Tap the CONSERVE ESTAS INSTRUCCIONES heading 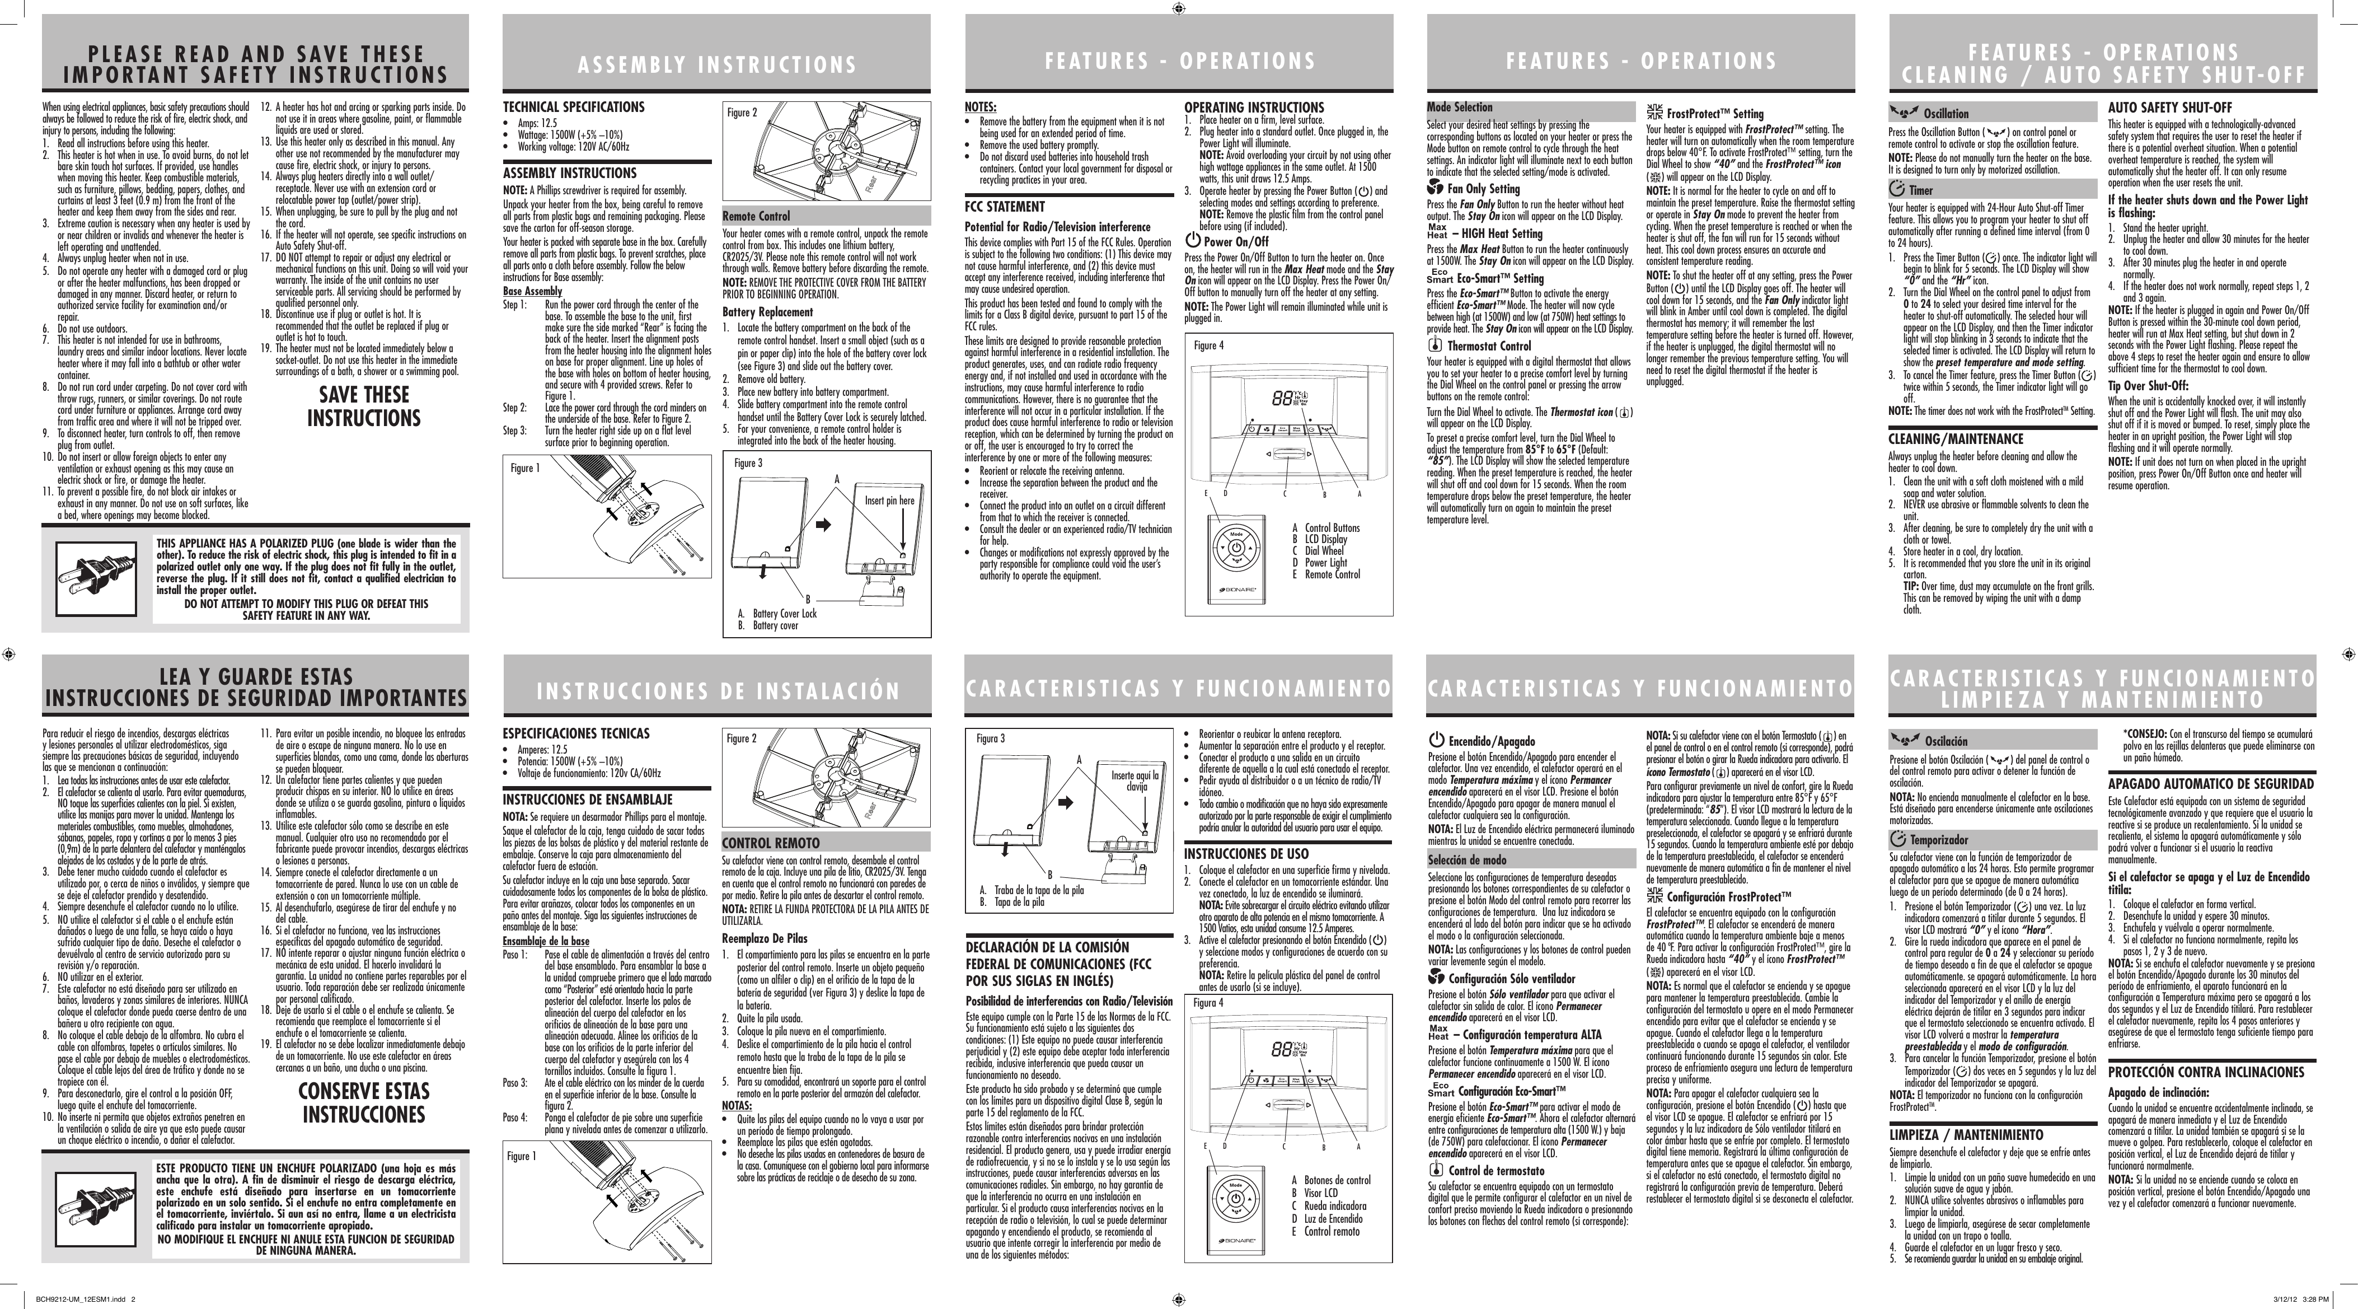pyautogui.click(x=363, y=1103)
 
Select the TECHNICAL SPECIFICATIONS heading pyautogui.click(x=573, y=107)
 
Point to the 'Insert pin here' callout pyautogui.click(x=889, y=501)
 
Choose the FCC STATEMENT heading pyautogui.click(x=1004, y=207)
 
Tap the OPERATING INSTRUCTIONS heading pyautogui.click(x=1253, y=107)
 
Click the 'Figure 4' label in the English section pyautogui.click(x=1208, y=345)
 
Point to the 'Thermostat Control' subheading pyautogui.click(x=1488, y=346)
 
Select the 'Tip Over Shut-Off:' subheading pyautogui.click(x=2146, y=385)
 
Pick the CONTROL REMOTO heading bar pyautogui.click(x=825, y=842)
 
